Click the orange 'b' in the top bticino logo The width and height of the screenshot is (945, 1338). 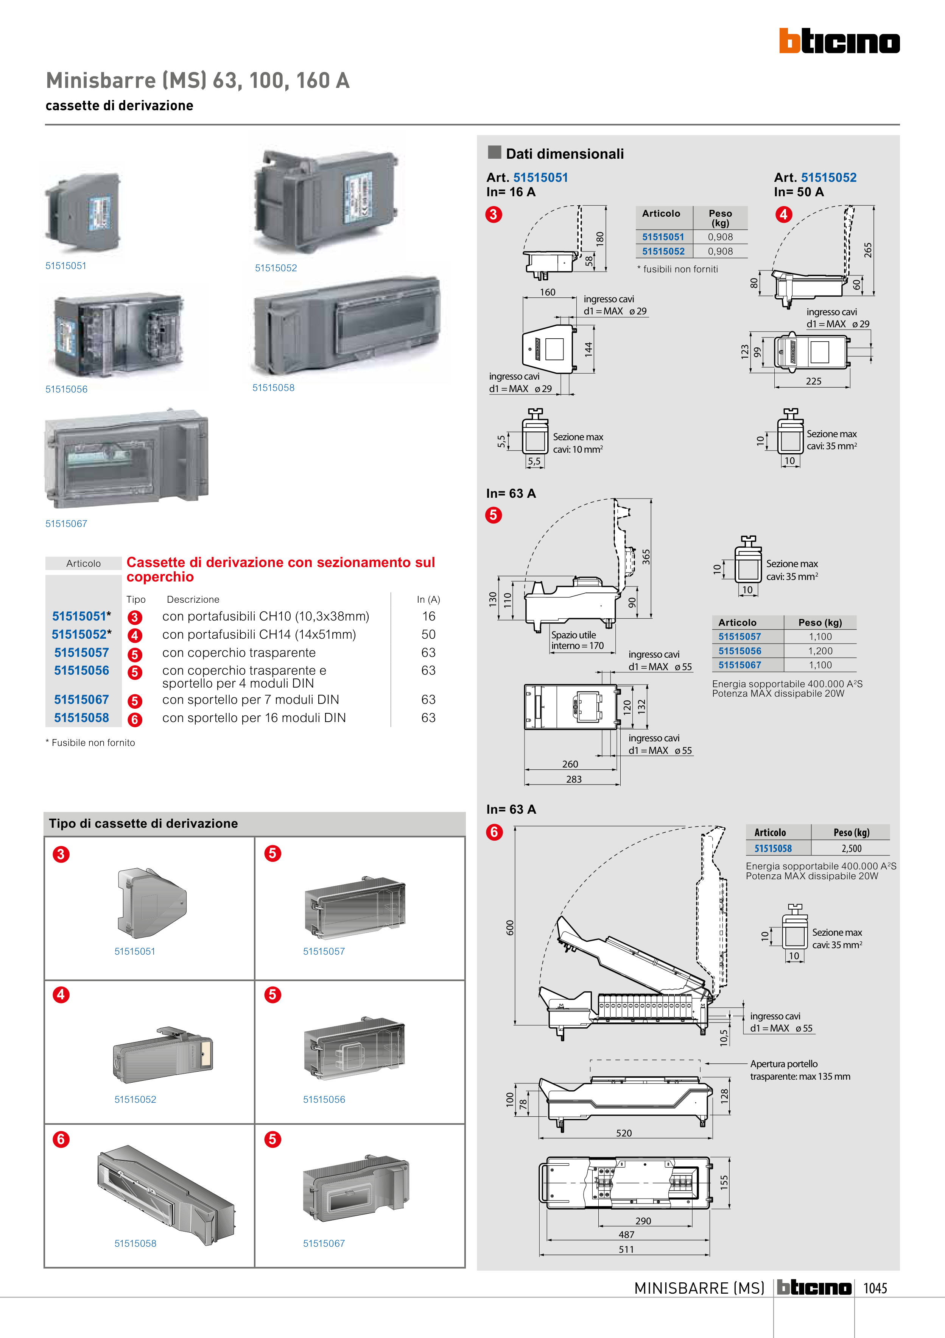pyautogui.click(x=789, y=41)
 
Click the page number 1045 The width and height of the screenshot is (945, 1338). pyautogui.click(x=875, y=1288)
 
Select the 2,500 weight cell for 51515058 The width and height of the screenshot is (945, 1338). pyautogui.click(x=851, y=849)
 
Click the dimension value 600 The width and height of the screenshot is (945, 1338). pyautogui.click(x=510, y=927)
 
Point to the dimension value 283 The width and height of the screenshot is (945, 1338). pyautogui.click(x=573, y=779)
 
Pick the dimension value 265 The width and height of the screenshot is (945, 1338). pyautogui.click(x=867, y=250)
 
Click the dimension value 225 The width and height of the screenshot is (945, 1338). pyautogui.click(x=813, y=381)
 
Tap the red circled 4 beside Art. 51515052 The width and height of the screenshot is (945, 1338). pyautogui.click(x=784, y=214)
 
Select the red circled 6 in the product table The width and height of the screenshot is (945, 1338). pyautogui.click(x=134, y=719)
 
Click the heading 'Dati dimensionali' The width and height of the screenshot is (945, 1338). pyautogui.click(x=564, y=154)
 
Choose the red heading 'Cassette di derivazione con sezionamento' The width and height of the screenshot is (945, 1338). pyautogui.click(x=281, y=569)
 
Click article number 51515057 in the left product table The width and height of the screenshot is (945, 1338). pyautogui.click(x=81, y=653)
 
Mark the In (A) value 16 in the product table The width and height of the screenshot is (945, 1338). pyautogui.click(x=428, y=617)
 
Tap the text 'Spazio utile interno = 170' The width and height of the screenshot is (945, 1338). pyautogui.click(x=577, y=641)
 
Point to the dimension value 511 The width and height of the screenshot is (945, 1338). pyautogui.click(x=626, y=1249)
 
